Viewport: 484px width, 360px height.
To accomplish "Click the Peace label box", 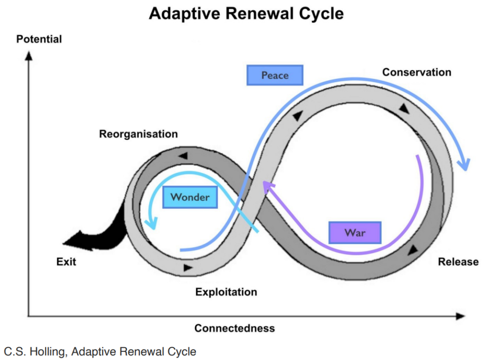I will (x=275, y=75).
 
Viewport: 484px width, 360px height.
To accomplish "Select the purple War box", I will (x=355, y=232).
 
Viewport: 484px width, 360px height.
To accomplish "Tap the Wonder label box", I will (x=190, y=197).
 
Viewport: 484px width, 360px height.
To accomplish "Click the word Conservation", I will (x=416, y=72).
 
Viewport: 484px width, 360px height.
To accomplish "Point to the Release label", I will (x=458, y=262).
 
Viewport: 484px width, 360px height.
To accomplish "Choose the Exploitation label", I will (x=226, y=292).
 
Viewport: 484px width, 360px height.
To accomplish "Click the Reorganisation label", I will (x=138, y=134).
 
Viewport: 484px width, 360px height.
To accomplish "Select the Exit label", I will (x=66, y=262).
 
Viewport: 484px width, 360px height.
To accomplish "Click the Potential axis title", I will (x=39, y=39).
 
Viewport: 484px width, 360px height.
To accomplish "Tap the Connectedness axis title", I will (x=234, y=328).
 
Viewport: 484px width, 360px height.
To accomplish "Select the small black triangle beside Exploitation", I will (x=188, y=268).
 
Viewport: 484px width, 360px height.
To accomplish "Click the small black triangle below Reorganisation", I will (x=183, y=155).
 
